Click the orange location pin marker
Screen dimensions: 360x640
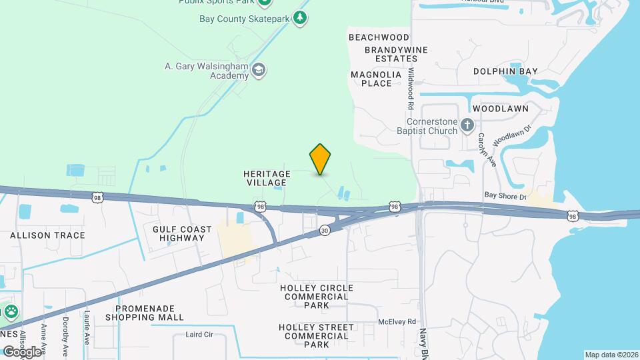[x=321, y=159]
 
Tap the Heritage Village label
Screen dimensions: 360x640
[x=267, y=178]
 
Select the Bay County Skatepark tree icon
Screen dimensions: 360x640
[x=301, y=18]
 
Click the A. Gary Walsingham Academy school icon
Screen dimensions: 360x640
[x=259, y=69]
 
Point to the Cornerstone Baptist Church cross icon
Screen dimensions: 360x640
[x=468, y=125]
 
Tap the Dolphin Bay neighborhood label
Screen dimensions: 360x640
[x=505, y=71]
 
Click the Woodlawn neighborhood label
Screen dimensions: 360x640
[x=500, y=108]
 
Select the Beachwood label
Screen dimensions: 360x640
[x=379, y=37]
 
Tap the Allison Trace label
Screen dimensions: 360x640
[x=47, y=235]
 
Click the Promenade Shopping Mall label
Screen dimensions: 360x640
[x=149, y=313]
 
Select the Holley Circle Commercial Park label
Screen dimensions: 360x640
[x=317, y=296]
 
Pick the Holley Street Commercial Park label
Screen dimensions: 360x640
[x=317, y=336]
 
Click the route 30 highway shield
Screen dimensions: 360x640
[x=325, y=230]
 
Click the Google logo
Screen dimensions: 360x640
[x=22, y=351]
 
